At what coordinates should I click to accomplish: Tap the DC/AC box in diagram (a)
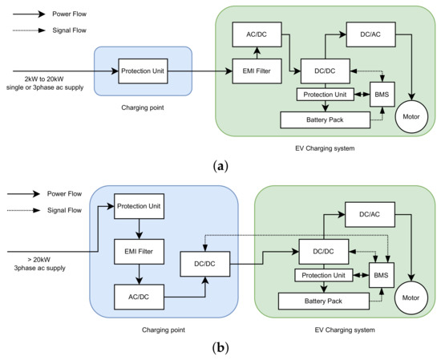(370, 34)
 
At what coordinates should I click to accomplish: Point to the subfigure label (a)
(220, 165)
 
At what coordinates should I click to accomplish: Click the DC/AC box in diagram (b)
(370, 214)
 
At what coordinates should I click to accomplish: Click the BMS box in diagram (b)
(381, 275)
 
